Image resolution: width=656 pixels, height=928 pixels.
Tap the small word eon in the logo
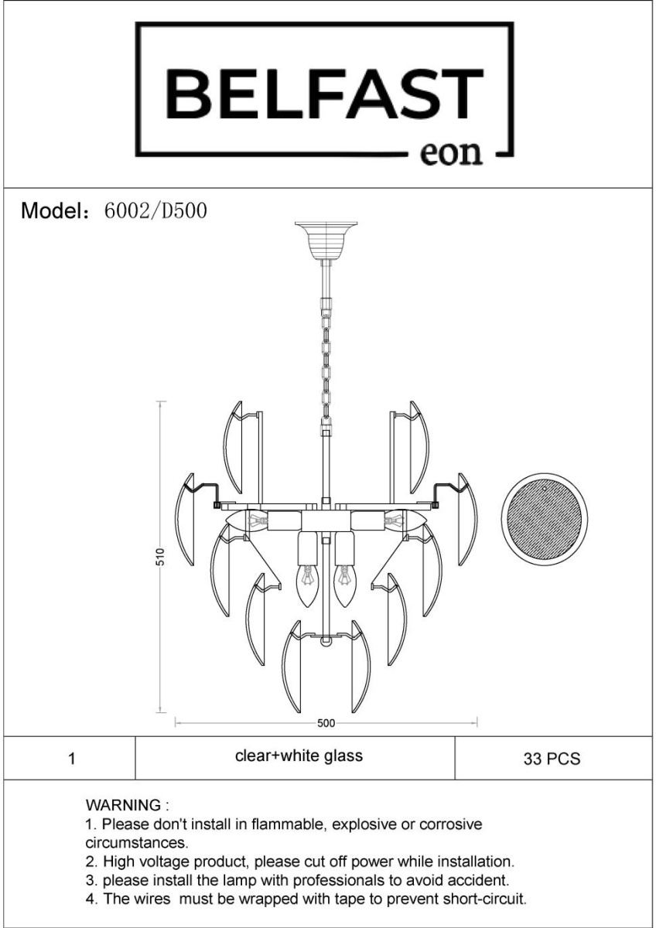451,153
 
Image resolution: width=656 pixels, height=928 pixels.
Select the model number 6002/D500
155,210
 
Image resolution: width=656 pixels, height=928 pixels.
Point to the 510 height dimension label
161,557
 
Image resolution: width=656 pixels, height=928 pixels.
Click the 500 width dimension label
326,723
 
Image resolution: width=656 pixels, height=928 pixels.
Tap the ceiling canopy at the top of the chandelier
326,240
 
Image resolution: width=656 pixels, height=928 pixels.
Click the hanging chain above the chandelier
326,363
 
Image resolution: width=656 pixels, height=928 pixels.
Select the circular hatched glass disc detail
544,517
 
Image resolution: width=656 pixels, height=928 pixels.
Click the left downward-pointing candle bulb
307,585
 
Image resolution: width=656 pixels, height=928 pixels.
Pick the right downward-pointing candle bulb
343,585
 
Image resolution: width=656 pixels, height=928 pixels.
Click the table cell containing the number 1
70,759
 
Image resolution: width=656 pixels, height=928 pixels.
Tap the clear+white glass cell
295,759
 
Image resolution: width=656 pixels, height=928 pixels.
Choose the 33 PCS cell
553,759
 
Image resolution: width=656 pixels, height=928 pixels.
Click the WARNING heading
127,805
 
